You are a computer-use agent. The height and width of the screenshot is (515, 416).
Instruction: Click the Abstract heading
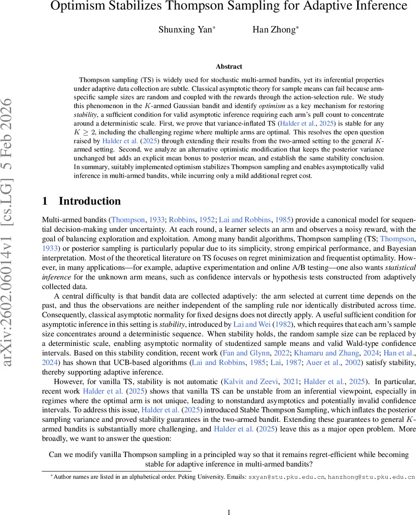(x=229, y=67)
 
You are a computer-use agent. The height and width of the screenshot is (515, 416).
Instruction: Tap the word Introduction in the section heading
(x=90, y=201)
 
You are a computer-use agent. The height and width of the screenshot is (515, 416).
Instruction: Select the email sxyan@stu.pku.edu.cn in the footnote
(x=287, y=477)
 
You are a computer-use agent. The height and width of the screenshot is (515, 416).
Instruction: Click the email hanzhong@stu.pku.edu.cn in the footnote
(x=371, y=477)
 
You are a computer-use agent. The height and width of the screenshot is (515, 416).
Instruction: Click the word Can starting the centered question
(x=55, y=454)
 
